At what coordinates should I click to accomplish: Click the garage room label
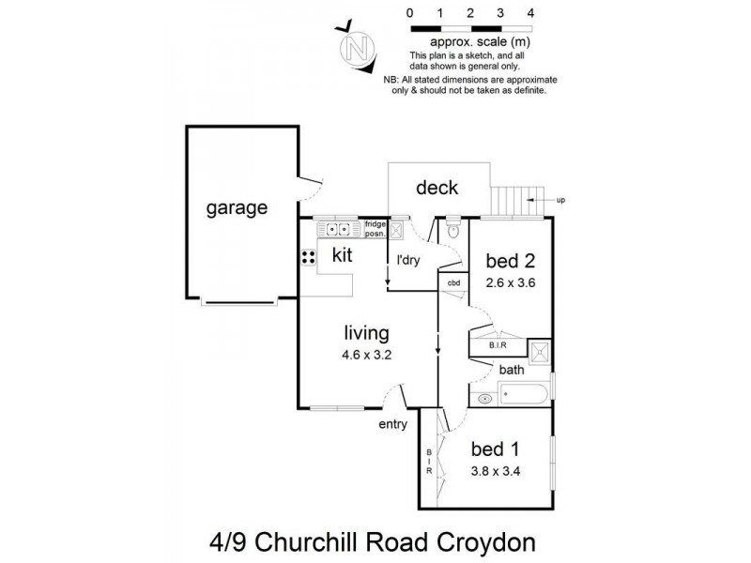[x=237, y=208]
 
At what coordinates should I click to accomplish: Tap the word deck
[x=437, y=188]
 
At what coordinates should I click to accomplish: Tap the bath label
[x=512, y=370]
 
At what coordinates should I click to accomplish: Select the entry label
[x=392, y=424]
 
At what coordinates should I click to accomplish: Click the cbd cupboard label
[x=453, y=282]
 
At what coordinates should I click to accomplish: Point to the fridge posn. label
[x=375, y=227]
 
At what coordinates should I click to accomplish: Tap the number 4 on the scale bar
[x=531, y=13]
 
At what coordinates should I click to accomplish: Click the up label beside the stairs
[x=561, y=199]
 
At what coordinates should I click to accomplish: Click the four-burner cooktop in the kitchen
[x=307, y=255]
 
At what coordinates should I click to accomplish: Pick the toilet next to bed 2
[x=453, y=229]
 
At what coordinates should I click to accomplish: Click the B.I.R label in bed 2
[x=498, y=345]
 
